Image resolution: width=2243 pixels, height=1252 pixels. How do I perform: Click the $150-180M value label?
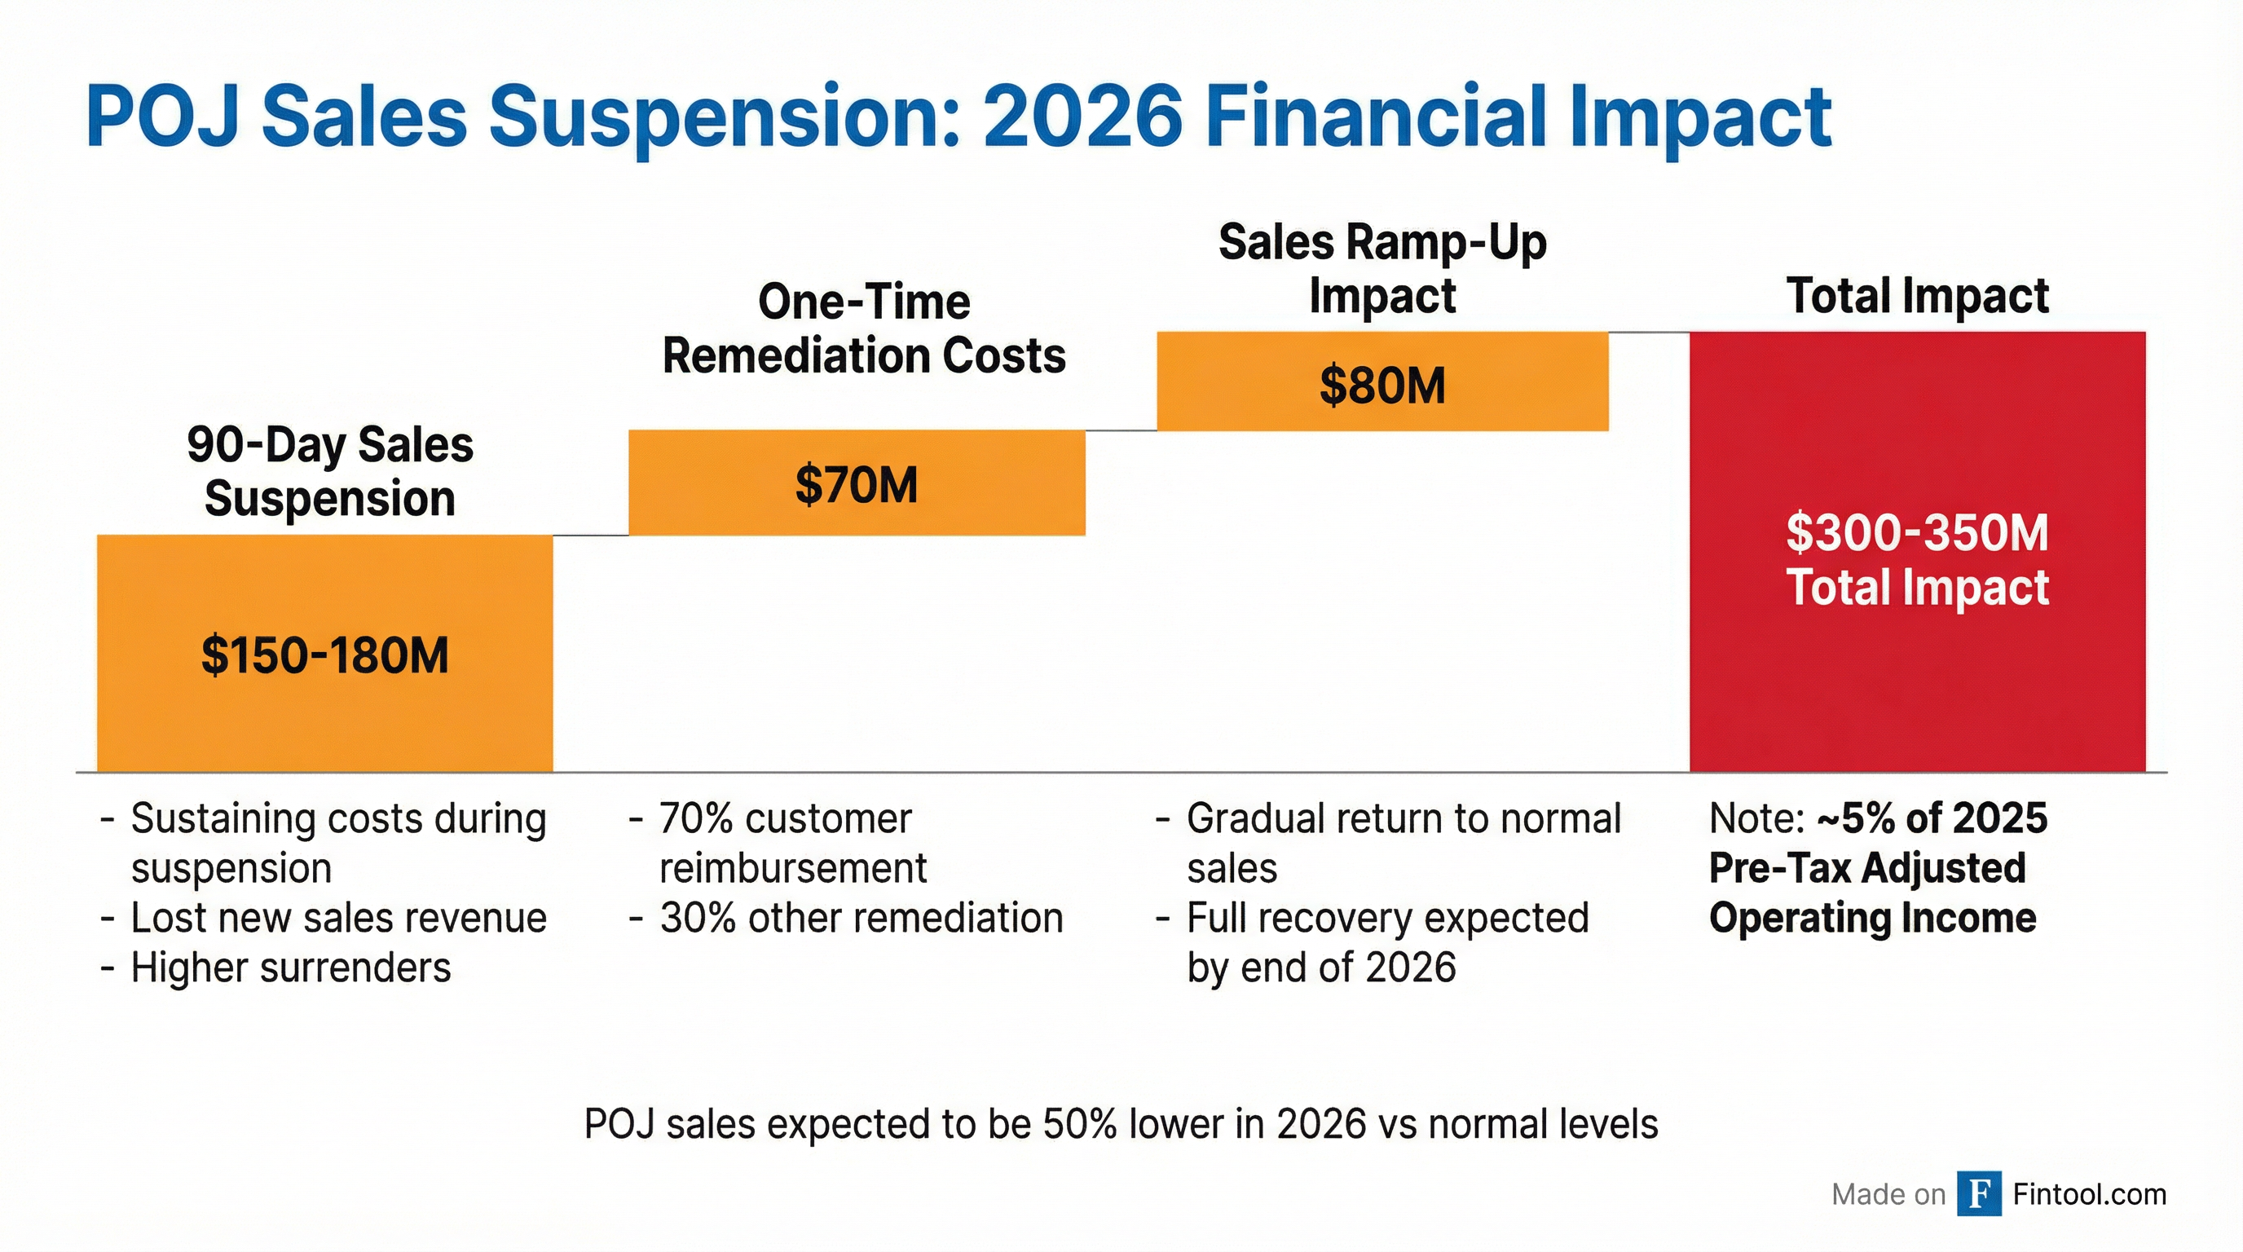324,655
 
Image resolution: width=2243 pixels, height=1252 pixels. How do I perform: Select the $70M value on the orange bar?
856,485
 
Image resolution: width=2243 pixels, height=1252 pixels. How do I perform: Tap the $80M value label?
1381,386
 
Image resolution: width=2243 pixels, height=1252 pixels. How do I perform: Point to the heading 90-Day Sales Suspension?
330,471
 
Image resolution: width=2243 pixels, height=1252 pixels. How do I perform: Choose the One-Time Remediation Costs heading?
864,329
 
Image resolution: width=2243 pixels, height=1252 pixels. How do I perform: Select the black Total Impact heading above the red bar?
1917,296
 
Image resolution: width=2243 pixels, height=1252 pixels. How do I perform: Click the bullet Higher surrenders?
291,968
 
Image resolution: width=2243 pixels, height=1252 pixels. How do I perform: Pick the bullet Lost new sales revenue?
339,918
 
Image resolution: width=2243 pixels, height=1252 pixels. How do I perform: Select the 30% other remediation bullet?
862,918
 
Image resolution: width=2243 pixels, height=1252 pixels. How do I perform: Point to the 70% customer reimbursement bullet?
792,843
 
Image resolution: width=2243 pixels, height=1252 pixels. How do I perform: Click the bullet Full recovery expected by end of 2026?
1387,942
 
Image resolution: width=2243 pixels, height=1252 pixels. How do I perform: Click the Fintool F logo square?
1978,1193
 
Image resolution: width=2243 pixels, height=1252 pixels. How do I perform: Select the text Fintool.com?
2089,1193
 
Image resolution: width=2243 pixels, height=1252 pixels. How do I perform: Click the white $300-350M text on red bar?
1917,533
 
